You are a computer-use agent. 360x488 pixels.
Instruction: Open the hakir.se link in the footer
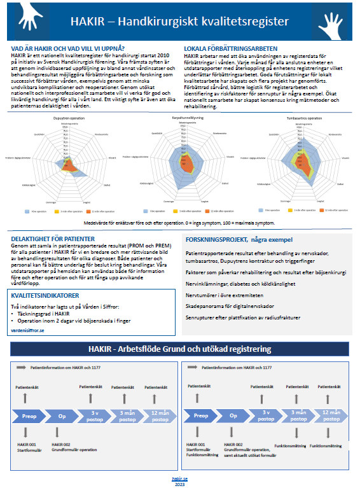click(x=180, y=477)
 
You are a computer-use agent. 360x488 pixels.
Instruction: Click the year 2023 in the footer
click(x=180, y=482)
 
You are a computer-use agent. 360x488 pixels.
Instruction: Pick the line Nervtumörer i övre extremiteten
click(x=224, y=295)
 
